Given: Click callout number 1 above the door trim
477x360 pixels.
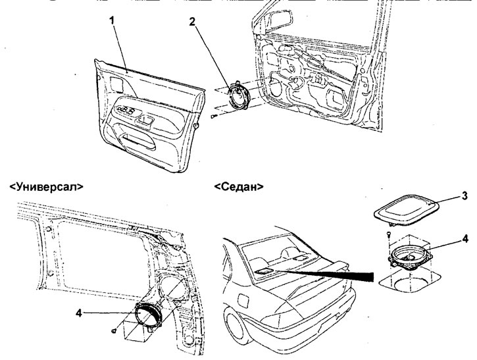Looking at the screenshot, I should coord(113,21).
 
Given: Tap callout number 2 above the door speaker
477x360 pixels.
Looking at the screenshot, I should coord(191,21).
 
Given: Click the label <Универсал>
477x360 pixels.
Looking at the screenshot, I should coord(46,186).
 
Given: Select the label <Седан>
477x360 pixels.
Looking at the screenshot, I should coord(239,186).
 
